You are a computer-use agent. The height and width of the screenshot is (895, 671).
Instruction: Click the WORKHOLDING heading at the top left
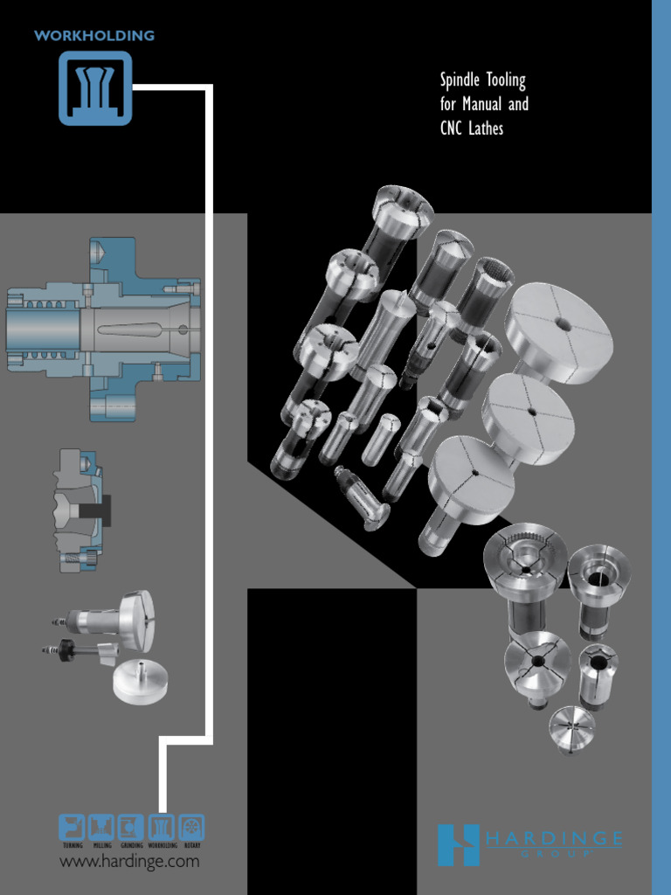click(93, 36)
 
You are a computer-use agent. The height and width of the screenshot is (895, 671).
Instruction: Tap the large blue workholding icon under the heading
click(95, 87)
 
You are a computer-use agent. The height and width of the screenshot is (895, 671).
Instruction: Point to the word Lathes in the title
click(488, 128)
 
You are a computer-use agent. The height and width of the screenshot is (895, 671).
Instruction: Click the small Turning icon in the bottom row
click(72, 827)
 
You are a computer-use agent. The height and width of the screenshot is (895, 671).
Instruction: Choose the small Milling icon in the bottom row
click(101, 827)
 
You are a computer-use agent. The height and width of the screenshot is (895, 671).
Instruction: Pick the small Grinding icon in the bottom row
click(131, 827)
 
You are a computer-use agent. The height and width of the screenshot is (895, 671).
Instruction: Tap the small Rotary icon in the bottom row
click(190, 827)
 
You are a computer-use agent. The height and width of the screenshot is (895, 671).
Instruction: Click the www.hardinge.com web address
click(128, 862)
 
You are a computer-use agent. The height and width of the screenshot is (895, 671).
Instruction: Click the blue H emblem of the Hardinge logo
click(458, 845)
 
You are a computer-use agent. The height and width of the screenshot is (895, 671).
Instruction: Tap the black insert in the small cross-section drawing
click(103, 510)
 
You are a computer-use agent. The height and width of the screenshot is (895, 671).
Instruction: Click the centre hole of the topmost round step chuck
click(564, 325)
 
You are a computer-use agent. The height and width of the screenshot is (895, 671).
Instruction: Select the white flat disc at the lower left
click(140, 682)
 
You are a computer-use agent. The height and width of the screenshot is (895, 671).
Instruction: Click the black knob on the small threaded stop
click(66, 650)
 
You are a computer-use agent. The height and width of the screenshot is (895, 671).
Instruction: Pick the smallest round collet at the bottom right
click(571, 728)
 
